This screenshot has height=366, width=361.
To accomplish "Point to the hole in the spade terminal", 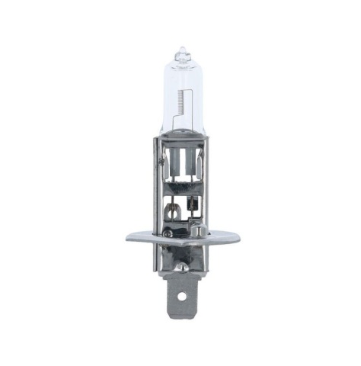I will tap(182, 295).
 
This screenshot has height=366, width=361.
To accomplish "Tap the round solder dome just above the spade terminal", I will tap(181, 266).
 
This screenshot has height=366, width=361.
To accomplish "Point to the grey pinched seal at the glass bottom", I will tap(181, 140).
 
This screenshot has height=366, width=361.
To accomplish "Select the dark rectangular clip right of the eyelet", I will tap(190, 206).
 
